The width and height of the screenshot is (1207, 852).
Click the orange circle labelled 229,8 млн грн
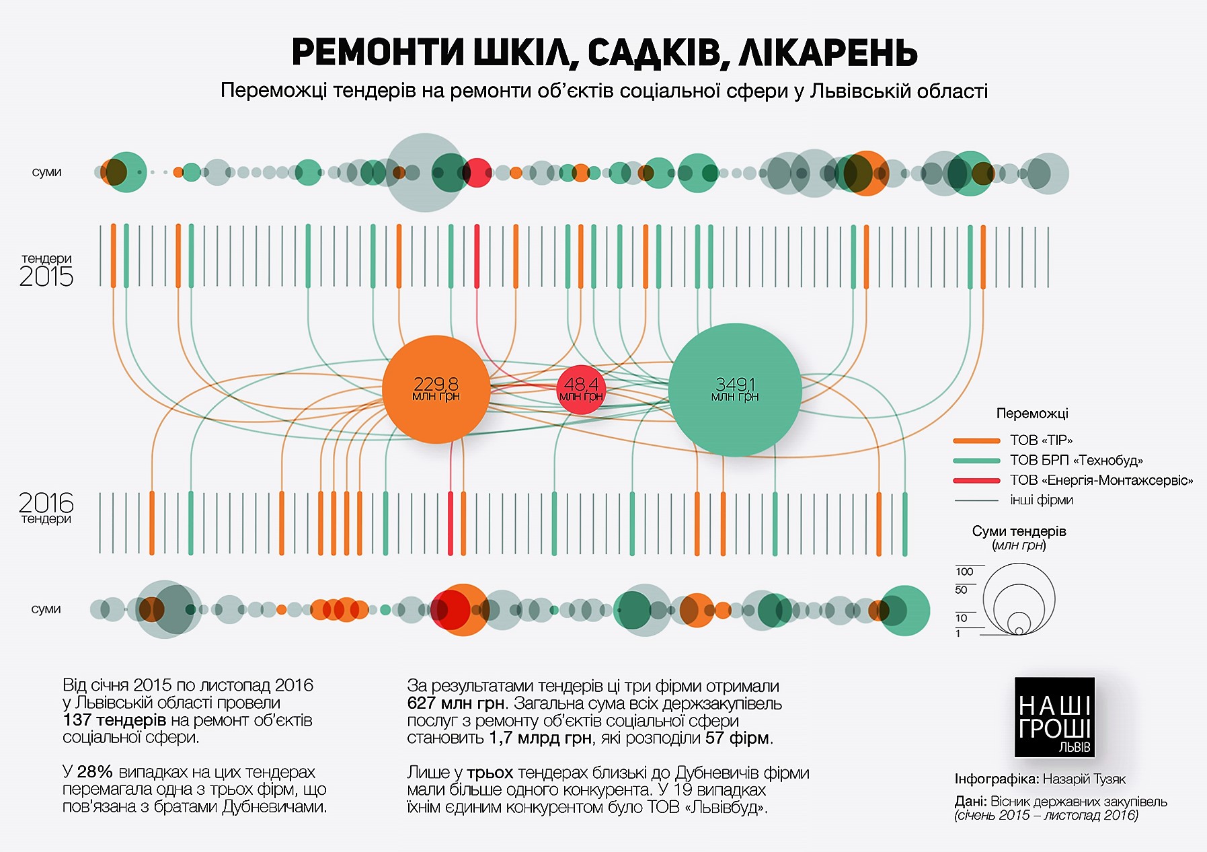tap(436, 389)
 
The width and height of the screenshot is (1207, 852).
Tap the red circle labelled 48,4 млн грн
tap(581, 389)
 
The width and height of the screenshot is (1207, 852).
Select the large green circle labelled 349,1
tap(735, 389)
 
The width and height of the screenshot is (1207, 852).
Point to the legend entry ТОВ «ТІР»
tap(1040, 440)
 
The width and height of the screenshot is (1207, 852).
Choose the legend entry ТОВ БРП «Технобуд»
tap(1076, 461)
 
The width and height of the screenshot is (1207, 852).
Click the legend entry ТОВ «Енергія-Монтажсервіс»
tap(1101, 480)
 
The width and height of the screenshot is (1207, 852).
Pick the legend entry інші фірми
tap(1041, 500)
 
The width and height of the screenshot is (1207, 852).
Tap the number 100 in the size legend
tap(964, 572)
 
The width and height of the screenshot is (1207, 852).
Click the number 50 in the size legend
tap(961, 590)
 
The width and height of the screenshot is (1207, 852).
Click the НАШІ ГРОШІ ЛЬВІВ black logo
tap(1054, 718)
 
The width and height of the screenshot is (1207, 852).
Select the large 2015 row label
tap(46, 276)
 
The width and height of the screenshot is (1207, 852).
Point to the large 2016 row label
tap(46, 502)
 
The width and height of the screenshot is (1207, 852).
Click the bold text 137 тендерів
tap(114, 720)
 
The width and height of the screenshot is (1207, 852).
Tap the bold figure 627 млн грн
tap(455, 703)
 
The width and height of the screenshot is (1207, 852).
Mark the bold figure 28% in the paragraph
tap(95, 772)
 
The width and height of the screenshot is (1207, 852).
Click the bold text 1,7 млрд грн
tap(540, 738)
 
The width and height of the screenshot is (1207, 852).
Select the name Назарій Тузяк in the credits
tap(1084, 779)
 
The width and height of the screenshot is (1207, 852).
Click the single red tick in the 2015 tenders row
tap(477, 256)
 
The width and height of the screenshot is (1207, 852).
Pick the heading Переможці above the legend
tap(1032, 414)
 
